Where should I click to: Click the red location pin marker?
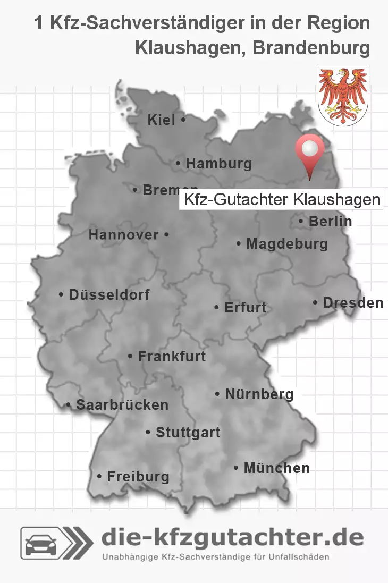click(x=309, y=151)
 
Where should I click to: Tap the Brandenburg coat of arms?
click(x=343, y=96)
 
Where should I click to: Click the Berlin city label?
click(x=330, y=221)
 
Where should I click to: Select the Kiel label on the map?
click(x=162, y=121)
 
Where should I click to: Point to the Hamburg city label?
click(x=218, y=164)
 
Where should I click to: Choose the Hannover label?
click(x=124, y=234)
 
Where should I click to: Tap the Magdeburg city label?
click(x=286, y=244)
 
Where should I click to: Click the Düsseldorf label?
click(x=109, y=294)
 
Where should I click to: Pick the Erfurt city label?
click(x=245, y=308)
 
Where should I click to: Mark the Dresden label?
click(x=352, y=303)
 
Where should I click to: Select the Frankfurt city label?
click(x=171, y=356)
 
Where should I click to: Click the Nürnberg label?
click(x=259, y=394)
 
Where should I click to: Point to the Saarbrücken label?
click(x=122, y=405)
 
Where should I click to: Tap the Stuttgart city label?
click(x=188, y=433)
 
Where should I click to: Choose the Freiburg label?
click(x=138, y=477)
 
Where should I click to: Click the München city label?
click(x=276, y=468)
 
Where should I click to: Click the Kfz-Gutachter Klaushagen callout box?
click(x=281, y=200)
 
